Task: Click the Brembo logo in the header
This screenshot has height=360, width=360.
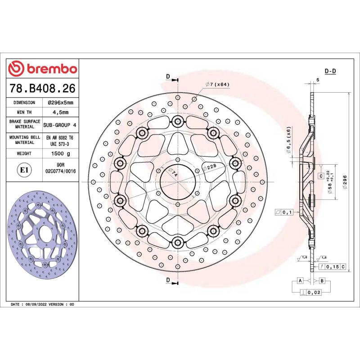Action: tap(43, 68)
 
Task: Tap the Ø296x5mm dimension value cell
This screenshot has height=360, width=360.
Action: tap(60, 103)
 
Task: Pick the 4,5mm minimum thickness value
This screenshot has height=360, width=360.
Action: tap(60, 112)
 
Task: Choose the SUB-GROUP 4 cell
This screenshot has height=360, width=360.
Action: tap(60, 124)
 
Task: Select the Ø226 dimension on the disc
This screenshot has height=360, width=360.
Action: tap(210, 167)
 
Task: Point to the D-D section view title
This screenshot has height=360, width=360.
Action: tap(331, 71)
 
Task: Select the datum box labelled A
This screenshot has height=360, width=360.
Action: tap(299, 281)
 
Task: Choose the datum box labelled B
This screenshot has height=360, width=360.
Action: tap(322, 281)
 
